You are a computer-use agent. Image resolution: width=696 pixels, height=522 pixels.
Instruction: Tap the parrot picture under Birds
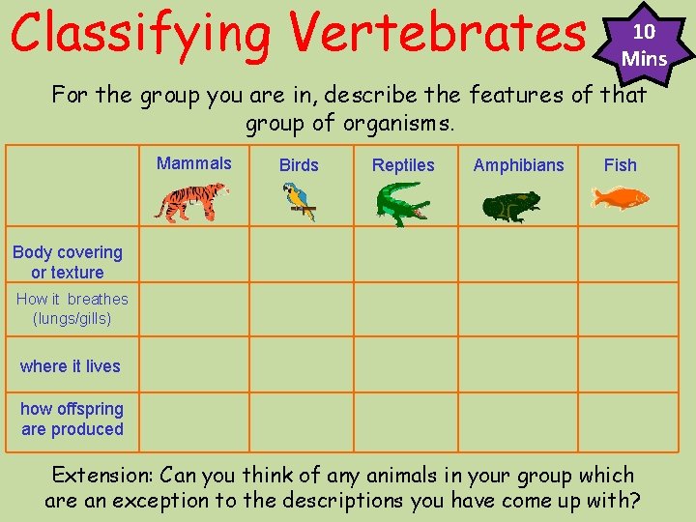point(299,202)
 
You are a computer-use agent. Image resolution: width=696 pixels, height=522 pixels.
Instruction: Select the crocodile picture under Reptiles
point(403,204)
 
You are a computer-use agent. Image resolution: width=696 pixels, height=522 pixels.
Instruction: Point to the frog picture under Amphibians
point(512,205)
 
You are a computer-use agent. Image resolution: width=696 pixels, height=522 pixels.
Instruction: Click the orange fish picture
point(620,198)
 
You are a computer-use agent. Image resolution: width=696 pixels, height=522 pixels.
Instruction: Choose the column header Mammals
point(194,163)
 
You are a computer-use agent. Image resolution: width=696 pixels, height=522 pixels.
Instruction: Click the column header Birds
point(299,165)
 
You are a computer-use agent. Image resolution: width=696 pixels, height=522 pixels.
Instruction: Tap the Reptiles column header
point(403,165)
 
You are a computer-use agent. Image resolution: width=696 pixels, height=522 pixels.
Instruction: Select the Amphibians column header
point(518,165)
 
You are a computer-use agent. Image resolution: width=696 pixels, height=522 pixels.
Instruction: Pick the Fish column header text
point(620,165)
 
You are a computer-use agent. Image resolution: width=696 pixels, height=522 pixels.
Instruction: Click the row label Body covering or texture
point(68,262)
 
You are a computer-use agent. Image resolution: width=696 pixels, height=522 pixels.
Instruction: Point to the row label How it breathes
point(72,308)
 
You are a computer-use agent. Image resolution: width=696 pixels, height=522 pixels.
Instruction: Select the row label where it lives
point(70,366)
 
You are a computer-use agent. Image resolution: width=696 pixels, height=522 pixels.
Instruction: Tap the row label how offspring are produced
point(72,420)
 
